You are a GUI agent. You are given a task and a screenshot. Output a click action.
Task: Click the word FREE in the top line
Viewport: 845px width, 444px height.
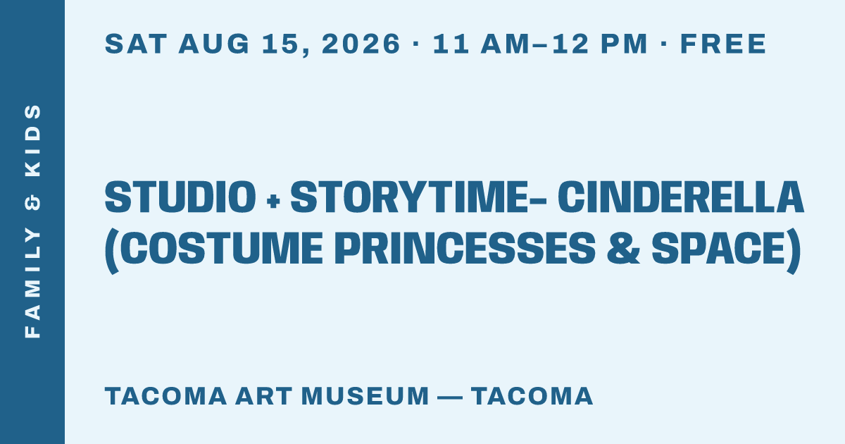pyautogui.click(x=723, y=44)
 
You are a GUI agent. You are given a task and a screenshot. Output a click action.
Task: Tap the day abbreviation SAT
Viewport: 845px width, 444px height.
pyautogui.click(x=136, y=44)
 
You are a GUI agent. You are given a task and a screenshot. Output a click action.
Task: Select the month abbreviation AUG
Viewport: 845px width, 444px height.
pyautogui.click(x=214, y=44)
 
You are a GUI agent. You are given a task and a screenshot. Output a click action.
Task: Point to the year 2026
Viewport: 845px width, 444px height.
pyautogui.click(x=361, y=44)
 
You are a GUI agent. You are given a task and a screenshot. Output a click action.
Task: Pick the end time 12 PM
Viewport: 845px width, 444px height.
pyautogui.click(x=600, y=44)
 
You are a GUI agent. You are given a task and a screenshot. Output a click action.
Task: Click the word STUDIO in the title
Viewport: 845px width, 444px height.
pyautogui.click(x=180, y=197)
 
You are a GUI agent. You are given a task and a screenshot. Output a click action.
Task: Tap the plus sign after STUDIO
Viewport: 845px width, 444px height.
pyautogui.click(x=273, y=201)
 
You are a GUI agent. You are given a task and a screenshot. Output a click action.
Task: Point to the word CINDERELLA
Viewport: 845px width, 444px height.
pyautogui.click(x=681, y=197)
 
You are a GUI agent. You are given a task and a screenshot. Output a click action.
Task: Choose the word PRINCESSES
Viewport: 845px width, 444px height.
pyautogui.click(x=465, y=248)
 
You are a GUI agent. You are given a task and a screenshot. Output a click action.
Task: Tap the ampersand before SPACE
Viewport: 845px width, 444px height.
pyautogui.click(x=623, y=248)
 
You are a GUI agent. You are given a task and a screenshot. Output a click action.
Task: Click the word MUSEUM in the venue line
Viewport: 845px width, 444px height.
pyautogui.click(x=365, y=396)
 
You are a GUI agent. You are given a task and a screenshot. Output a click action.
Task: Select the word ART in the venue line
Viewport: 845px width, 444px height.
pyautogui.click(x=263, y=396)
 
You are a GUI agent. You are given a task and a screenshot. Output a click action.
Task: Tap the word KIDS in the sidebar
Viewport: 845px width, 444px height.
pyautogui.click(x=32, y=140)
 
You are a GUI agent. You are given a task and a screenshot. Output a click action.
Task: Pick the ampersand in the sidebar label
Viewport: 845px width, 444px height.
pyautogui.click(x=32, y=202)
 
